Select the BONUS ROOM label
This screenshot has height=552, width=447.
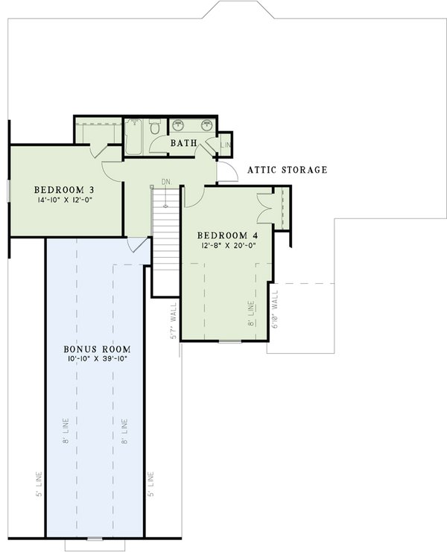97,349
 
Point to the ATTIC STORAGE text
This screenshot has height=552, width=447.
287,170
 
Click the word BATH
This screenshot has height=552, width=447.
183,143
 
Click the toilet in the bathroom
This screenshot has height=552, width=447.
154,129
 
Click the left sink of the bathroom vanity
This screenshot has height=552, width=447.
179,124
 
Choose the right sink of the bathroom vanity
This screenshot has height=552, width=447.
206,124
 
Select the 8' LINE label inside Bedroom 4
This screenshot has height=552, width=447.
251,313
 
